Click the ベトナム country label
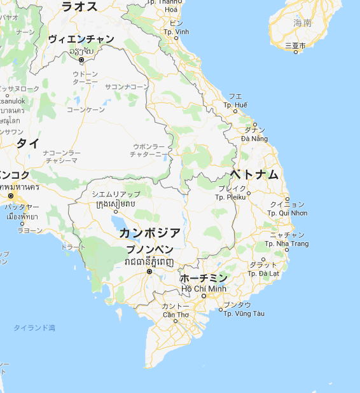pos(254,174)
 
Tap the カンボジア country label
pos(150,232)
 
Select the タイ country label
pos(28,142)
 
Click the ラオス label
pos(79,6)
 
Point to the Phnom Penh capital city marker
pos(149,272)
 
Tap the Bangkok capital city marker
pos(10,195)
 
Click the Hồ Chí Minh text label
pos(204,289)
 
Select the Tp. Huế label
pos(235,104)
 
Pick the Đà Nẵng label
pos(254,139)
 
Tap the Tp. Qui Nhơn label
pos(287,213)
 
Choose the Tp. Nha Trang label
pos(286,244)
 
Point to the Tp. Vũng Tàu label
pos(240,314)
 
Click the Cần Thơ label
pos(175,315)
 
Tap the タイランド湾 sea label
pos(35,327)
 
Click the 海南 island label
pos(303,23)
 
